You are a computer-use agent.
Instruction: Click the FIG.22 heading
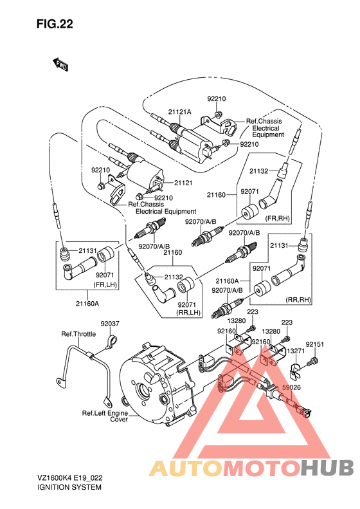(55, 24)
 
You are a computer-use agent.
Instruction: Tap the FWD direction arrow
(60, 64)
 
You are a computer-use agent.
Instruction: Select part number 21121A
(179, 112)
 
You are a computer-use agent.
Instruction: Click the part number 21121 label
(183, 183)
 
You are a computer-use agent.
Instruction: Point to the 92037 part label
(110, 324)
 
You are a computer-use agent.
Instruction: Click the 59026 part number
(291, 387)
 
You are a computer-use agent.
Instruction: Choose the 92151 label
(314, 344)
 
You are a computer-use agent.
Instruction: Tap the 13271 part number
(296, 351)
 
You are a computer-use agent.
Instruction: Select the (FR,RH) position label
(277, 218)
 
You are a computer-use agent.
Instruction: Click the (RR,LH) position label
(188, 313)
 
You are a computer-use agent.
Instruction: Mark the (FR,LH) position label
(105, 285)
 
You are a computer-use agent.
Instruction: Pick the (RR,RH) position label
(298, 300)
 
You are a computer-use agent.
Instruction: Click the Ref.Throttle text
(78, 334)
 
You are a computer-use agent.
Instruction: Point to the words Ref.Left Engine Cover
(105, 416)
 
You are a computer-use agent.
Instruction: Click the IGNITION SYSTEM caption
(69, 487)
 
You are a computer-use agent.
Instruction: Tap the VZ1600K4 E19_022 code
(69, 478)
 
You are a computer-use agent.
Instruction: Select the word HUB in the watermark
(327, 468)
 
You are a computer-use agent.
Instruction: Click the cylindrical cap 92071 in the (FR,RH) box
(249, 212)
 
